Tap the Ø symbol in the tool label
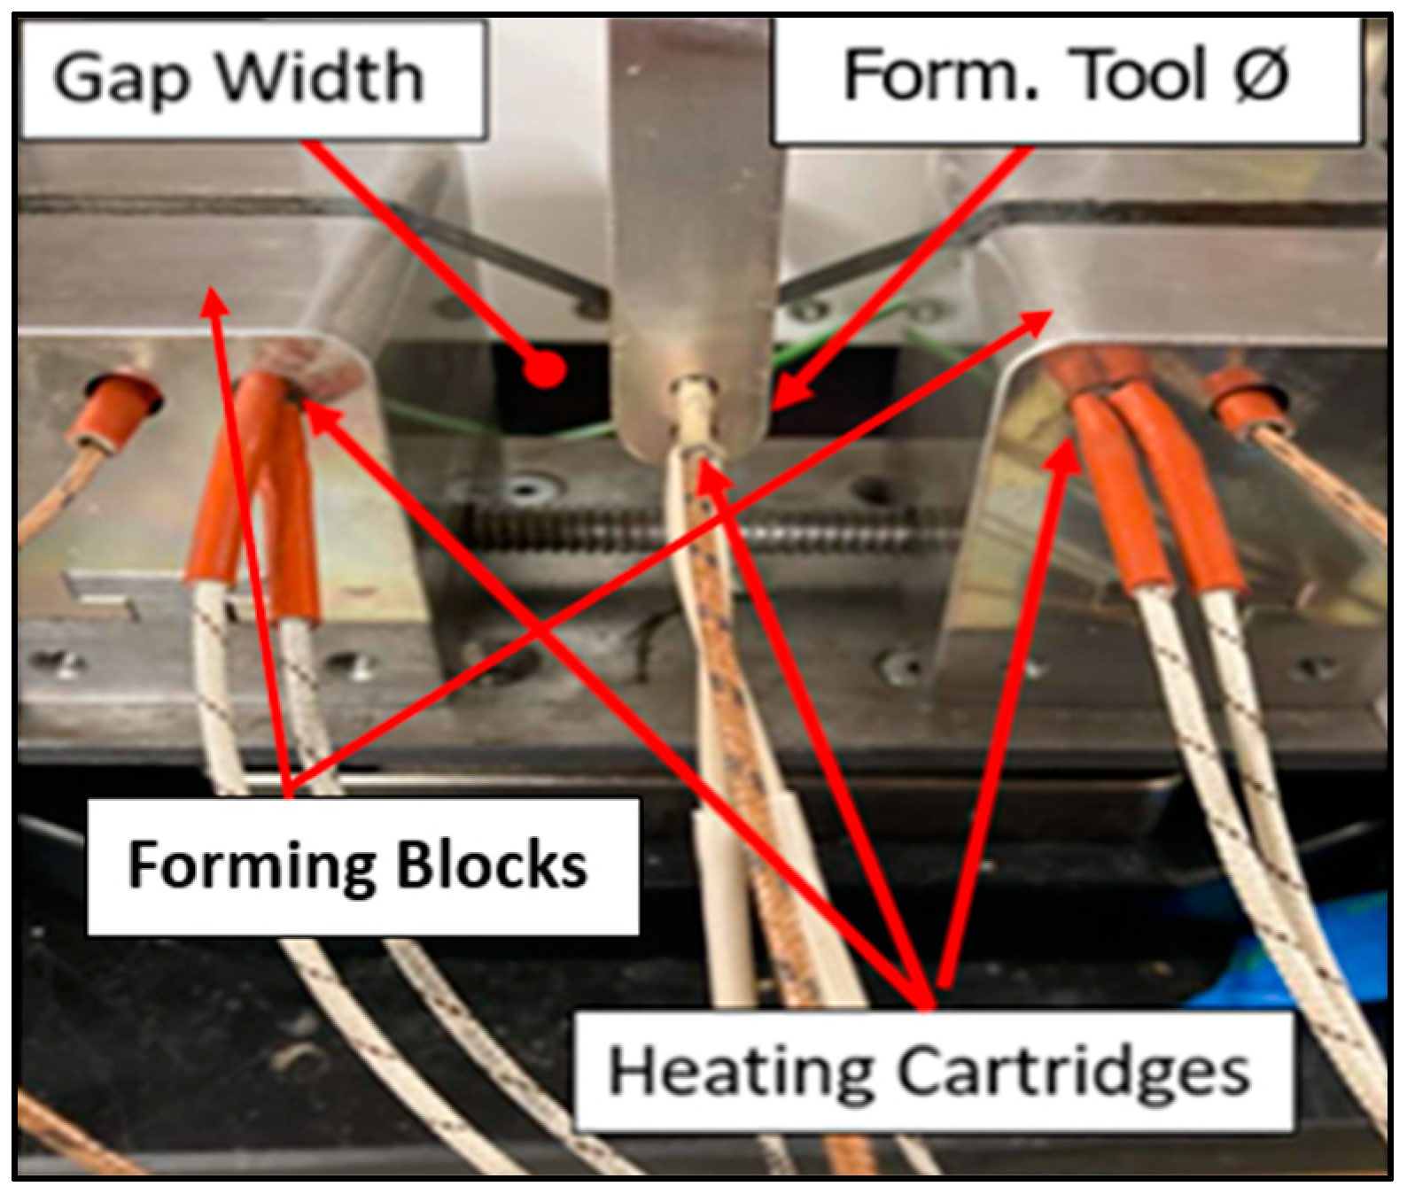click(x=1259, y=74)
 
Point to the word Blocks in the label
click(x=491, y=864)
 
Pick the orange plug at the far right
click(x=1244, y=394)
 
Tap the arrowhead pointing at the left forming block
click(x=211, y=301)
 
